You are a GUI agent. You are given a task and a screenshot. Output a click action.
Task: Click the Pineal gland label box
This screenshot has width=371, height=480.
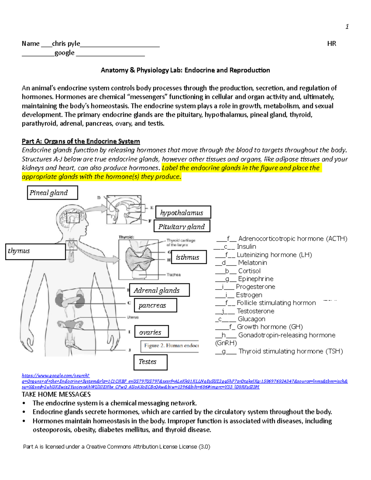coord(52,193)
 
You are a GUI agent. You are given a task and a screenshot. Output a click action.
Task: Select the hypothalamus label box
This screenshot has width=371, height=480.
coord(183,212)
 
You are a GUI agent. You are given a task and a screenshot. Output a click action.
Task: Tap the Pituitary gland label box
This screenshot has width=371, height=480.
coord(182,226)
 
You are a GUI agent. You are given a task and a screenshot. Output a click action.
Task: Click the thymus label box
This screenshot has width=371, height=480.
coord(35,251)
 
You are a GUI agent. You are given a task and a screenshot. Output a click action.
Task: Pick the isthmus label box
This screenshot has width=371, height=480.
coord(189,257)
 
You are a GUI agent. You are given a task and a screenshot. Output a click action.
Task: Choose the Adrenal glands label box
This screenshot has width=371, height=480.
coord(159,290)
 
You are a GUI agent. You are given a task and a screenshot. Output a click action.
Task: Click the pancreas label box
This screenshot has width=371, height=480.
coord(155,305)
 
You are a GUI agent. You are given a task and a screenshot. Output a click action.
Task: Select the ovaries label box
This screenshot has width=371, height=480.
coord(151,332)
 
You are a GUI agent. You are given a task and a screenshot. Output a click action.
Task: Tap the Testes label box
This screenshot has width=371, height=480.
coord(150,362)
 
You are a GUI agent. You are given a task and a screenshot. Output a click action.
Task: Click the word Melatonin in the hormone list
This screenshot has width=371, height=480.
coord(252,263)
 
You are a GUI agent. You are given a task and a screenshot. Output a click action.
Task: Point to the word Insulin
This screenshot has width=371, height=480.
coord(246,247)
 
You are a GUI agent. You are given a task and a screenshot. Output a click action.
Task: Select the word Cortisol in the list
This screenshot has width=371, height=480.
coord(249,271)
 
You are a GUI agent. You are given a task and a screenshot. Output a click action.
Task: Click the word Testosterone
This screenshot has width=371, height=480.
coord(255,311)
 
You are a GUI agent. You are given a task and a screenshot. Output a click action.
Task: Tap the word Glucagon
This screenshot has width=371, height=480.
coord(251,319)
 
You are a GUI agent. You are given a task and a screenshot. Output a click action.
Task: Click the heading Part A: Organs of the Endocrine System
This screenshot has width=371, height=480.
coord(81,141)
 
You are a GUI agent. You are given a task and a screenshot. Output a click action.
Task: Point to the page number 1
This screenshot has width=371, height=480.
coord(347,27)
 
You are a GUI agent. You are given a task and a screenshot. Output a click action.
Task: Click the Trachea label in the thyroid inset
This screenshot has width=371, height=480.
coord(173,275)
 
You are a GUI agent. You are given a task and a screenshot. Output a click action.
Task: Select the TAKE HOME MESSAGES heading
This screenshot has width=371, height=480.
coord(56,394)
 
